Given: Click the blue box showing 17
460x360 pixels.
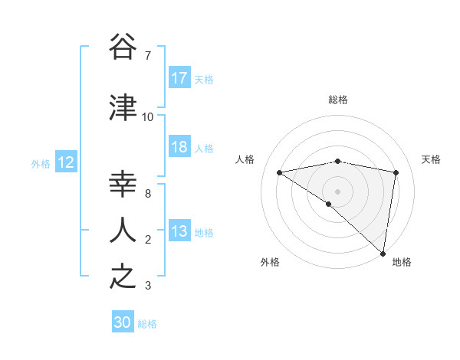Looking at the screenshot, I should tap(179, 78).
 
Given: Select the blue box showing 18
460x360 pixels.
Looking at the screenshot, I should tap(179, 148).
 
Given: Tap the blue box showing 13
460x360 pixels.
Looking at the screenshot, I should tap(179, 232).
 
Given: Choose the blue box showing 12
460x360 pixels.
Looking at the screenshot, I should tap(66, 162).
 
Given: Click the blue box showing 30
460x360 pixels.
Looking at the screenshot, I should tap(123, 323).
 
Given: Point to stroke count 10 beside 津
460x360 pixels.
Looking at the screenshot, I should tap(148, 117).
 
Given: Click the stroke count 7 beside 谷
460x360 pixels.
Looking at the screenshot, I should tap(148, 56).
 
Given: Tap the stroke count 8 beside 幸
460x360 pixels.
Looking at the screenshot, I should tap(148, 194).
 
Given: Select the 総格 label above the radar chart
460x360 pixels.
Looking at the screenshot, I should tap(338, 100).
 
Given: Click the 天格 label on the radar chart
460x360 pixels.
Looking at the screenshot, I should tap(432, 159).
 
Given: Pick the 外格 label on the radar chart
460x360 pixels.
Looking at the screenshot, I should tap(270, 263).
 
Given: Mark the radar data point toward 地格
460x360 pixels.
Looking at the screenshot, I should tap(383, 252).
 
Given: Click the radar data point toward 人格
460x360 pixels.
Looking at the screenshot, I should tap(280, 172).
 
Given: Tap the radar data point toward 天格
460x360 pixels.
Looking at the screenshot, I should tap(396, 172).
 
